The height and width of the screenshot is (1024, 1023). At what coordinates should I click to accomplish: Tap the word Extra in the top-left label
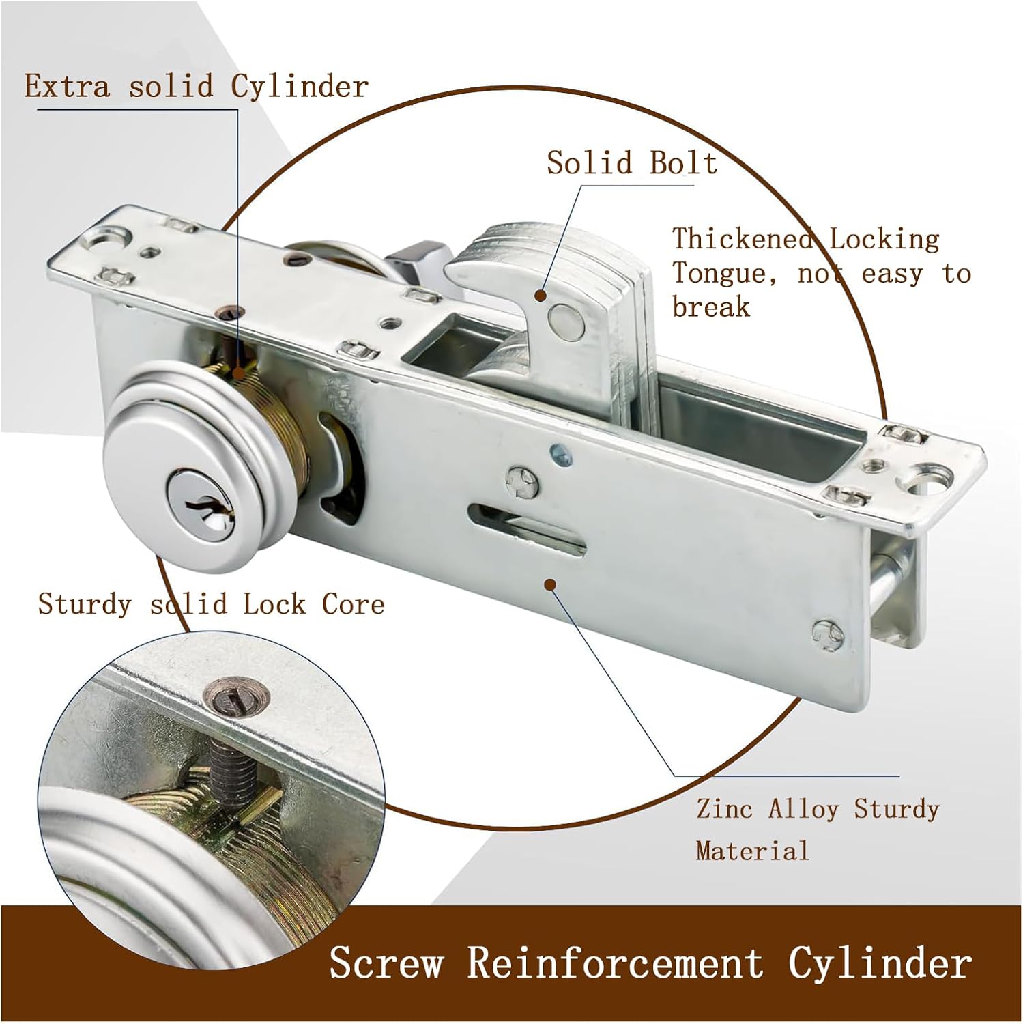(x=67, y=87)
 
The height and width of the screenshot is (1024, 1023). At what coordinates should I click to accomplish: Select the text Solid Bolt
(x=631, y=163)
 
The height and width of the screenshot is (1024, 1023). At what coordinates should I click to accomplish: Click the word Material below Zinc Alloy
(x=752, y=851)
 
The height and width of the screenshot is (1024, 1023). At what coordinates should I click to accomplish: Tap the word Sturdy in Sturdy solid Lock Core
(x=83, y=604)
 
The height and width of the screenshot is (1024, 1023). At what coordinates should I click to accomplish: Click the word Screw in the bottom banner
(x=386, y=963)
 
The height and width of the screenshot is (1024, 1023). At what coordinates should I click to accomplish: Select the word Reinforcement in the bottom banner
(x=615, y=963)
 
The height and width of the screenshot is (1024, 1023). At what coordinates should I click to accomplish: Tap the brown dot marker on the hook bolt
(x=540, y=296)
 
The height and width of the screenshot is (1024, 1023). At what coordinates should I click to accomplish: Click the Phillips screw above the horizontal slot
(x=522, y=482)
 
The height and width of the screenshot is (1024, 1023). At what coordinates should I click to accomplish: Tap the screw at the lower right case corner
(x=828, y=634)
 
